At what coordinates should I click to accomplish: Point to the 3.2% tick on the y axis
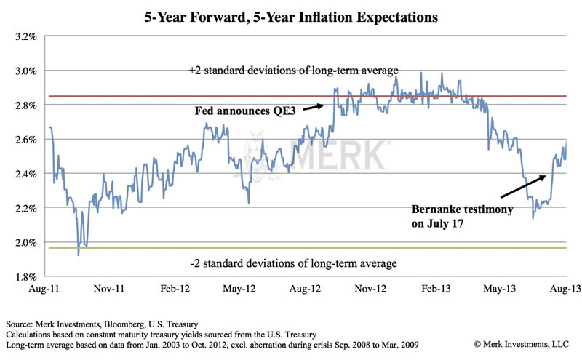[x=26, y=36]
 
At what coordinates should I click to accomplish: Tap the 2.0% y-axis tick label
[x=26, y=242]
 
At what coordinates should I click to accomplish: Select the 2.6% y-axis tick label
[x=26, y=140]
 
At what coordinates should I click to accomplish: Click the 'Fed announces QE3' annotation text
[x=247, y=112]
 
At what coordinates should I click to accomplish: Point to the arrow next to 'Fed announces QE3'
[x=312, y=108]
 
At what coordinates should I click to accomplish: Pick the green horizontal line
[x=218, y=248]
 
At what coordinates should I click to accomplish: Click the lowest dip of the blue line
[x=78, y=254]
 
